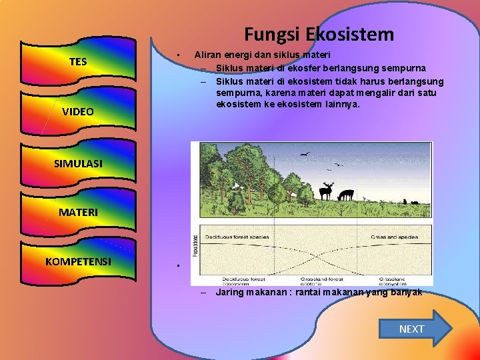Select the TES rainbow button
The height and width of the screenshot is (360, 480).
point(78,62)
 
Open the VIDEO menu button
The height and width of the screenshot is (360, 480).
point(78,111)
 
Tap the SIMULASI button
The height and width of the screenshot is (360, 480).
point(78,163)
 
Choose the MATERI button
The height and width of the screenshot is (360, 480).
point(78,212)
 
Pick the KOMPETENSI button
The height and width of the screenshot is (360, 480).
point(78,261)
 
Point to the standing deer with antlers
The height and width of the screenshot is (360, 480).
point(326,191)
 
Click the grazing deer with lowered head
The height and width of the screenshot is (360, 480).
point(345,195)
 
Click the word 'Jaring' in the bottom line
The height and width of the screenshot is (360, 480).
point(230,293)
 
